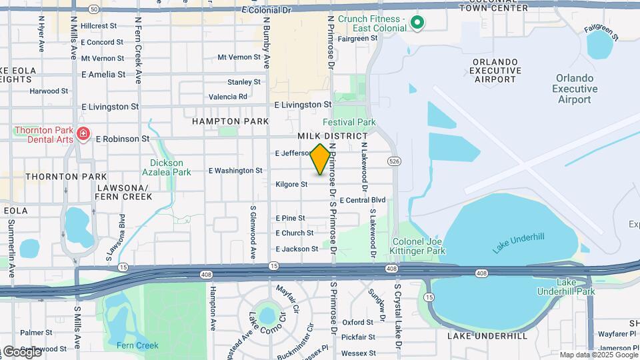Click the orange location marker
pos(320,159)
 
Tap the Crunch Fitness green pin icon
pos(417,23)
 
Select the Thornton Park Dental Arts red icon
pos(83,134)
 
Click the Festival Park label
pos(349,122)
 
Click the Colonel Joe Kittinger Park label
pos(418,246)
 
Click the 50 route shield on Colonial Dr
pos(93,9)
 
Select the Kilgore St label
pos(291,184)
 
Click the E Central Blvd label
pos(363,200)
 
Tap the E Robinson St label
pos(123,139)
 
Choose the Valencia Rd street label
pos(228,97)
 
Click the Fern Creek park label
pos(137,345)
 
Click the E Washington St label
pos(235,171)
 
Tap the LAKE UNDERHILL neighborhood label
pos(487,336)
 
